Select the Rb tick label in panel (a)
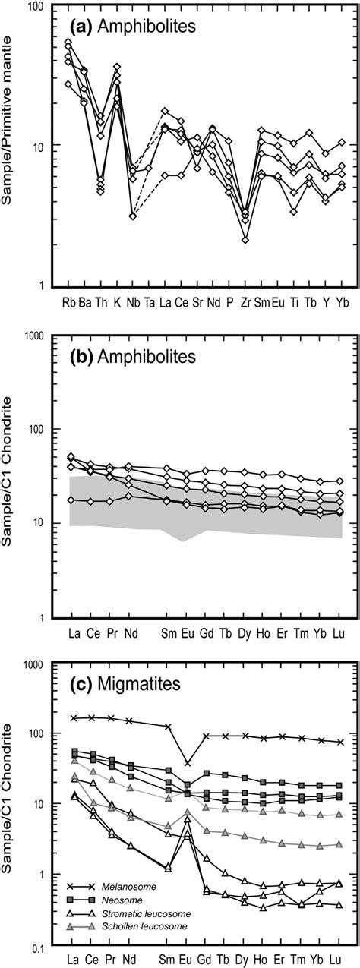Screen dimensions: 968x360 pyautogui.click(x=68, y=301)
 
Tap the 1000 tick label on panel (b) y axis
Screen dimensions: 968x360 pyautogui.click(x=30, y=335)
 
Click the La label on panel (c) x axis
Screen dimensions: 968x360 pyautogui.click(x=74, y=959)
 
